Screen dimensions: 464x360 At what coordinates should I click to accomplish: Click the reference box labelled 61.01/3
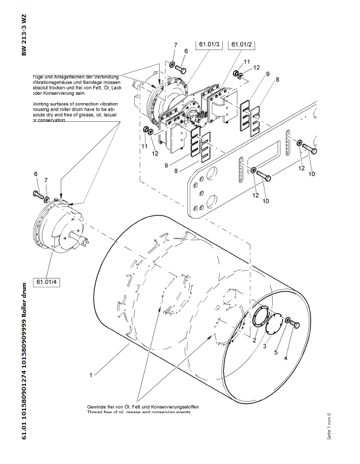tap(209, 45)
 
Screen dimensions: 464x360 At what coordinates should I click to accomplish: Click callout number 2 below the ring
tap(254, 340)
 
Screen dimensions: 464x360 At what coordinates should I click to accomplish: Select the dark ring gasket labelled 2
tap(259, 322)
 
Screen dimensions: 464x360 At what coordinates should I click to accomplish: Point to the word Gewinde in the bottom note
tap(99, 406)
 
